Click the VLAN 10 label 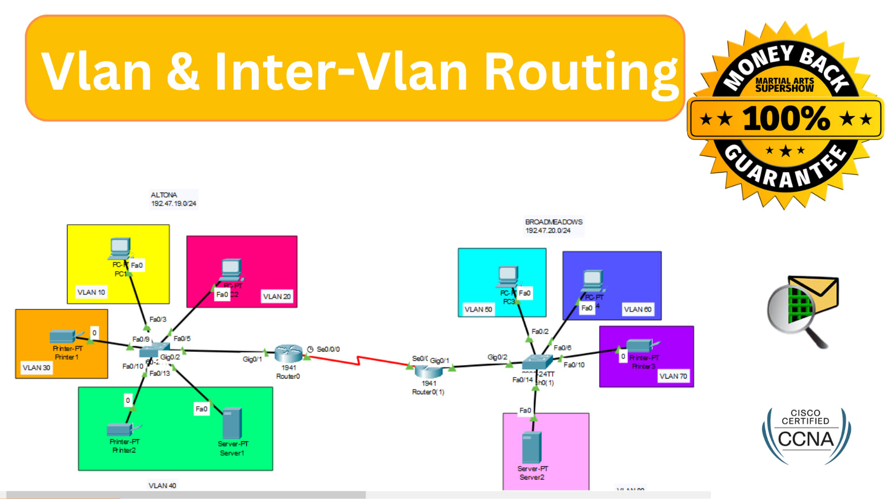pos(91,292)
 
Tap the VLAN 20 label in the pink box pos(277,296)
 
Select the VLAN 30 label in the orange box pos(36,368)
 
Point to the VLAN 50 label pos(478,309)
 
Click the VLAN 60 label pos(637,309)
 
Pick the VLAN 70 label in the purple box pos(673,376)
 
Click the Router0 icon pos(288,354)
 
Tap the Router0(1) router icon pos(428,371)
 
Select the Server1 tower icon pos(232,423)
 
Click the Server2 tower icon pos(532,448)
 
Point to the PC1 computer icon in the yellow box pos(120,248)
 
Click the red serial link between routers pos(359,360)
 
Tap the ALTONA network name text pos(164,195)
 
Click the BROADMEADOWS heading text pos(554,222)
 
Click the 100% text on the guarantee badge pos(786,119)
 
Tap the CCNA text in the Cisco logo pos(806,440)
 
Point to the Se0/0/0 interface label pos(328,349)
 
